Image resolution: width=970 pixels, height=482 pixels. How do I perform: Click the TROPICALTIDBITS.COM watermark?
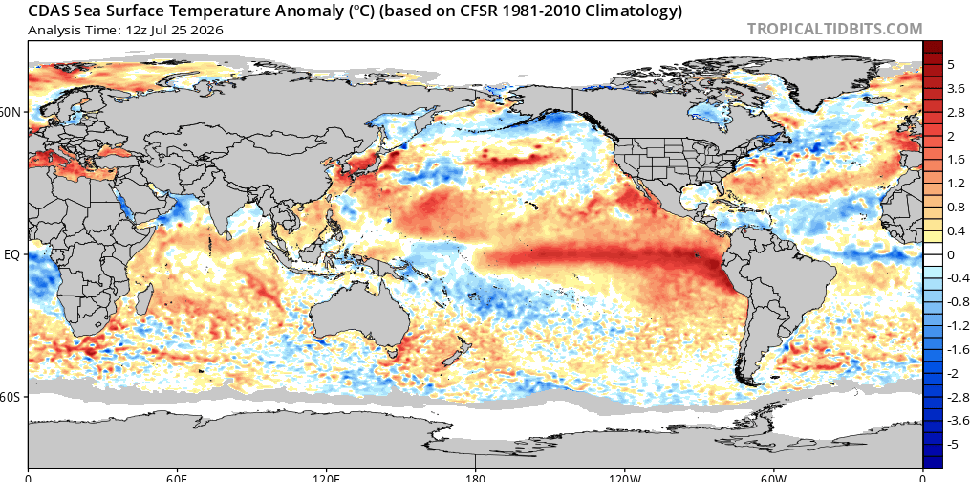pyautogui.click(x=834, y=29)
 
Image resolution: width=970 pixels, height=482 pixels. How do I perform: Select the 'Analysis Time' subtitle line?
pyautogui.click(x=126, y=30)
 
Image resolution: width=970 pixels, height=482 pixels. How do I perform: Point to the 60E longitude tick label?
pyautogui.click(x=177, y=477)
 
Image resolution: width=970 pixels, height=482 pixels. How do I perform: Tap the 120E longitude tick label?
pyautogui.click(x=326, y=477)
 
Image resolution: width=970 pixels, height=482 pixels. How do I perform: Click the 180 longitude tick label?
pyautogui.click(x=475, y=477)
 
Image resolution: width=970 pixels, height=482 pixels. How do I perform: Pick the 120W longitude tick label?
pyautogui.click(x=624, y=477)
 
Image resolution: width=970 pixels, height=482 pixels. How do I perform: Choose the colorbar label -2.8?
pyautogui.click(x=955, y=397)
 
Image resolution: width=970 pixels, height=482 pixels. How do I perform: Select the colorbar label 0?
pyautogui.click(x=951, y=254)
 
